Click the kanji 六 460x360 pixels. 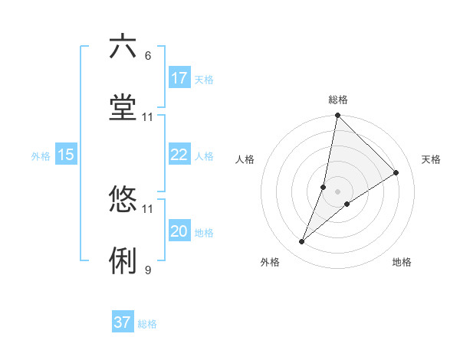123,47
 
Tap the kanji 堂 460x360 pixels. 123,108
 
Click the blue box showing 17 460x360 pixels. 179,78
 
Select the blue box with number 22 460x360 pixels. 179,155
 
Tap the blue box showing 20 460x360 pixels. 179,231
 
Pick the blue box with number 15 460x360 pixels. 66,155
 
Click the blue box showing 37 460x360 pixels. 123,322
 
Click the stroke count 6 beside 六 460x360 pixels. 148,56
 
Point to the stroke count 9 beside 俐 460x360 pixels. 148,270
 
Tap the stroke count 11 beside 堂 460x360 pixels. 148,117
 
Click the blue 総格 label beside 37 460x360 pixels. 147,324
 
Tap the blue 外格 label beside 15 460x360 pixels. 41,155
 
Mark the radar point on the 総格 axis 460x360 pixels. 337,116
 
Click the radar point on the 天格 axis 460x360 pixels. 396,173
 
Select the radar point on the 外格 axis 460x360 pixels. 302,242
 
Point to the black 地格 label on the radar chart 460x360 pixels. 402,262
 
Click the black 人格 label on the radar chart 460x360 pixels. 245,159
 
